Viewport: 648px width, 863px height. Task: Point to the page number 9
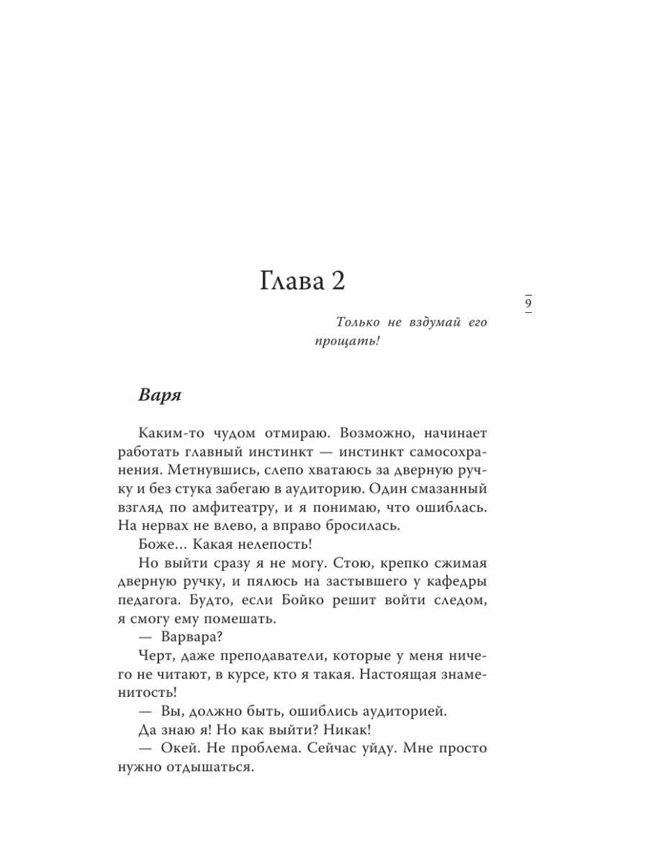coord(528,303)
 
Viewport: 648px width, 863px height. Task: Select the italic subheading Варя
coord(161,396)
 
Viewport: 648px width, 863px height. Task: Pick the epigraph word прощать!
coord(346,342)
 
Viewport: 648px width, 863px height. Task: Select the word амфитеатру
coord(229,508)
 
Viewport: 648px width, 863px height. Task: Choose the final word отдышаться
coord(215,767)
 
